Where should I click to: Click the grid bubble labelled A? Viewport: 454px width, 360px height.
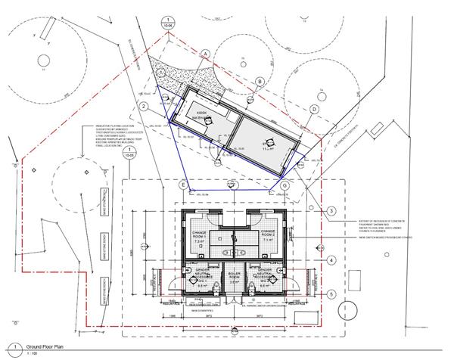point(205,53)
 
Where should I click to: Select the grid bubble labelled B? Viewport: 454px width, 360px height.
point(259,82)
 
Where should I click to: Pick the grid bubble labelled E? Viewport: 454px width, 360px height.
point(182,185)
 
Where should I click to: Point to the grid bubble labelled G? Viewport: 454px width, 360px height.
point(285,185)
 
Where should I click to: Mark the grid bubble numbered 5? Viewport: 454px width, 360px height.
point(331,294)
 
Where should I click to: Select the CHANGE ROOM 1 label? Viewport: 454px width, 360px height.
point(201,233)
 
